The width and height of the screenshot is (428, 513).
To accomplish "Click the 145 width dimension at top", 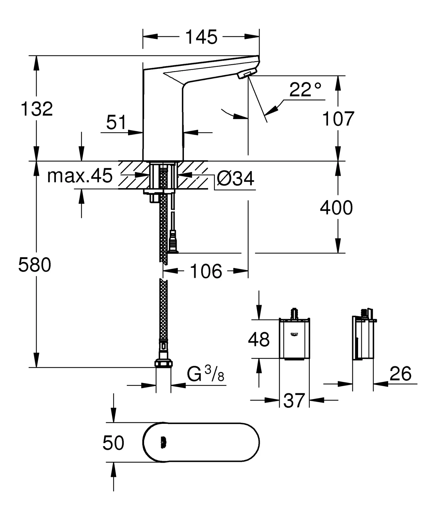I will tap(201, 37).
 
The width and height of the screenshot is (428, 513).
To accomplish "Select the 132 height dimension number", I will tap(37, 109).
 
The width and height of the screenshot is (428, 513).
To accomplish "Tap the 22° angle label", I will tap(305, 90).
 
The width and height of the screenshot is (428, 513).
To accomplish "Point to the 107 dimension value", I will tap(338, 119).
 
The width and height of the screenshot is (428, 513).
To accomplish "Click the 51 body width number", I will tap(116, 122).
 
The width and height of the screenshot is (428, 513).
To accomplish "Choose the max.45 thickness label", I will tap(80, 176).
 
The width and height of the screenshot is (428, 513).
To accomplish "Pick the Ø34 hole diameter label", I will tap(235, 179).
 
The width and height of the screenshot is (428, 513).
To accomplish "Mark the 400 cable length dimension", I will tap(336, 208).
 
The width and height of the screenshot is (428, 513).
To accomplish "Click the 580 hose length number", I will tap(35, 265).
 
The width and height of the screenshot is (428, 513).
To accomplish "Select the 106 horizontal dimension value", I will tap(206, 271).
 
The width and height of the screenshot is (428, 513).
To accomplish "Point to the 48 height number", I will tap(259, 340).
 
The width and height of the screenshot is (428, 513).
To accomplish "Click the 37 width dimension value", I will tap(294, 401).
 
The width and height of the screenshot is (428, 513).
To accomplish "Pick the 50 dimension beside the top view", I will tap(113, 443).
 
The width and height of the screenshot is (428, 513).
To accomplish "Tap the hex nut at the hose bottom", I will tap(163, 363).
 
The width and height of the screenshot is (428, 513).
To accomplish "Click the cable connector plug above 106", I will tap(173, 242).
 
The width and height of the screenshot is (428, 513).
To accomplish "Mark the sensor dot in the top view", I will tap(163, 443).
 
